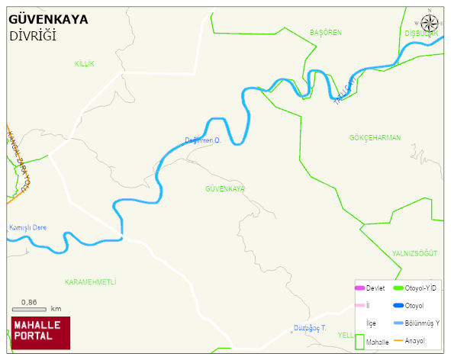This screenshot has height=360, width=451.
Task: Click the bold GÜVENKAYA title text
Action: click(x=48, y=19)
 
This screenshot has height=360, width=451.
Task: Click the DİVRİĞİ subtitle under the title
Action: click(x=33, y=37)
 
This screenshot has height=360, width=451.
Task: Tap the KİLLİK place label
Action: click(x=84, y=64)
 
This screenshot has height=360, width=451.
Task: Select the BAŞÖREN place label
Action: click(x=325, y=33)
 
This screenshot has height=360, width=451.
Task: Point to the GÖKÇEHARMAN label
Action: click(x=375, y=138)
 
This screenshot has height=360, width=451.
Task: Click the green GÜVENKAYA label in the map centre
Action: click(x=225, y=188)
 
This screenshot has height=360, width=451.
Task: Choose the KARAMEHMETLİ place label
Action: click(x=90, y=282)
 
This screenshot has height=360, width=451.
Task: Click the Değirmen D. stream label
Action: click(x=202, y=140)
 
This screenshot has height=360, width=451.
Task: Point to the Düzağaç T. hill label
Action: click(x=309, y=328)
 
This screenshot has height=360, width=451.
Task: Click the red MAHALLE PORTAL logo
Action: click(x=40, y=333)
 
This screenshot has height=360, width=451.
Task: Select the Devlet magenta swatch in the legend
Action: click(x=359, y=288)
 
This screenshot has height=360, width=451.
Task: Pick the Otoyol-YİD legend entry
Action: click(x=416, y=288)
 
